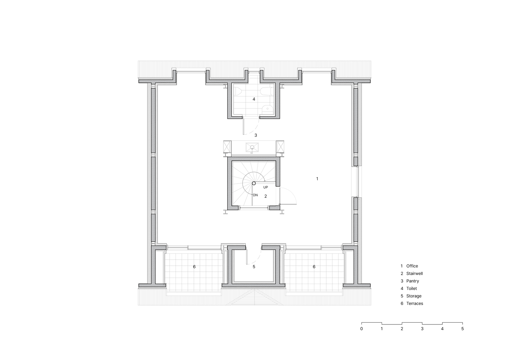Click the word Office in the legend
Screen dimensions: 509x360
[412, 266]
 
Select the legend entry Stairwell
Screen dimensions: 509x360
[414, 274]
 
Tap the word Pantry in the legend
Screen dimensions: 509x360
[413, 281]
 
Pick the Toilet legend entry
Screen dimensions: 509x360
[412, 289]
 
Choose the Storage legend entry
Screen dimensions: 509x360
[414, 296]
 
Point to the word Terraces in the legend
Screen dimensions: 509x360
[415, 303]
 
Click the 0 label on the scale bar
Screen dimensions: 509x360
[362, 329]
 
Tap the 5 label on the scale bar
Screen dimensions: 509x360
[463, 329]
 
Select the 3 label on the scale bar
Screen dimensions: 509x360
[422, 329]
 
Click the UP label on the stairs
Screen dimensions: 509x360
[265, 188]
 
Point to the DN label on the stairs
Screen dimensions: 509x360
[255, 195]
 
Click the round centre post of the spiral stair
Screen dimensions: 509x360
[254, 183]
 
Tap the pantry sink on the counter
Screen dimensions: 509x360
[252, 147]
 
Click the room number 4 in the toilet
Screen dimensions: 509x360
[254, 99]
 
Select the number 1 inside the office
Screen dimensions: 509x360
[317, 179]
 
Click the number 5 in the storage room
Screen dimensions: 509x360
[254, 266]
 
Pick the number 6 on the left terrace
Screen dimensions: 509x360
[194, 266]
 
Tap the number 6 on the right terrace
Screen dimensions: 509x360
[314, 266]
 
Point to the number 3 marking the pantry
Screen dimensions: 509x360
[256, 135]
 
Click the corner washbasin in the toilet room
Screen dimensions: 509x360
[268, 109]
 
